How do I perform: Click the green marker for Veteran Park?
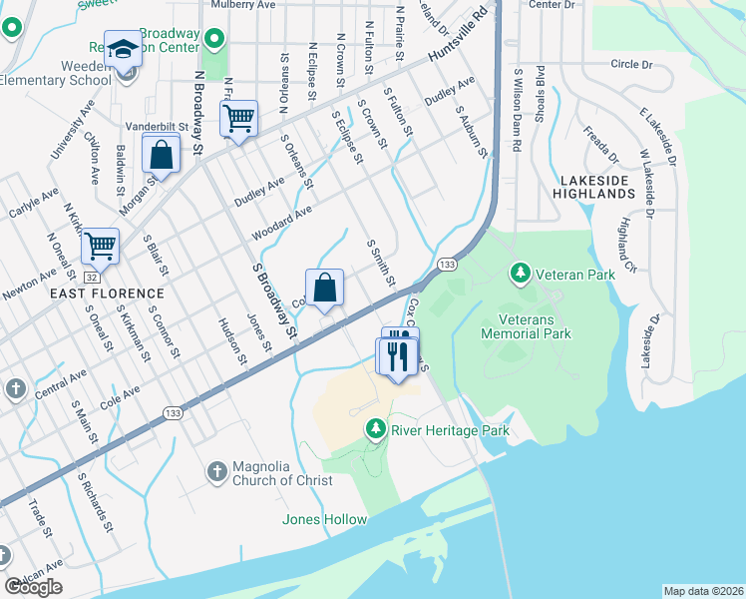520,273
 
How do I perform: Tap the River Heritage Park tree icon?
375,430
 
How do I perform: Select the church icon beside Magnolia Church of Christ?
217,469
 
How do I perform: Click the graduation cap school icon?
123,48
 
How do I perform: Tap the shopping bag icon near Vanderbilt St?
161,155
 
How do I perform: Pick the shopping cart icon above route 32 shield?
100,244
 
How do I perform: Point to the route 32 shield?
91,277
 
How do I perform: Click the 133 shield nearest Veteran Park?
448,265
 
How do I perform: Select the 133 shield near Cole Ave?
173,412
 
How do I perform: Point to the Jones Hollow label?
324,519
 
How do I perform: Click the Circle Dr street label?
630,65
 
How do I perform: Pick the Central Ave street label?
60,383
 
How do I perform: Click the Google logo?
33,587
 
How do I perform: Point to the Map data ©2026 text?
703,591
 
